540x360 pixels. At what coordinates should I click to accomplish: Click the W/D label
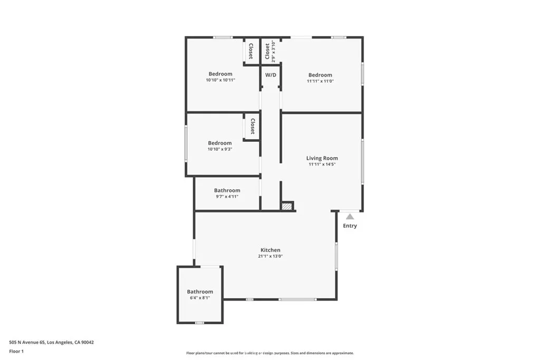pyautogui.click(x=271, y=75)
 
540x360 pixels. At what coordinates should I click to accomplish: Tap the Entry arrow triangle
pyautogui.click(x=350, y=216)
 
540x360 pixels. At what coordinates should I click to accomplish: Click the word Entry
pyautogui.click(x=350, y=226)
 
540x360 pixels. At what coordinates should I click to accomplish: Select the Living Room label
pyautogui.click(x=322, y=158)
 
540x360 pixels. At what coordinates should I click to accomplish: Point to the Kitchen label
pyautogui.click(x=270, y=250)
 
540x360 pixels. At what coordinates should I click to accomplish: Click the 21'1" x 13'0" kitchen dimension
pyautogui.click(x=270, y=257)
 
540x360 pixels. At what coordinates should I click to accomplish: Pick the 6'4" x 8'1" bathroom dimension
pyautogui.click(x=200, y=298)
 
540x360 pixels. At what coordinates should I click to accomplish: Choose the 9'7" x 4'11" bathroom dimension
pyautogui.click(x=227, y=197)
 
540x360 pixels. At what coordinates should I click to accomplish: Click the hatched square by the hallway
pyautogui.click(x=287, y=207)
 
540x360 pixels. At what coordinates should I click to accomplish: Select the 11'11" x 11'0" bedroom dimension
pyautogui.click(x=320, y=81)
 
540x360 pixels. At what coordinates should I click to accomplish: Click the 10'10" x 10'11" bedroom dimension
pyautogui.click(x=220, y=80)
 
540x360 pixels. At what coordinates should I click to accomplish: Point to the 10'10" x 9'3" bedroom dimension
pyautogui.click(x=220, y=149)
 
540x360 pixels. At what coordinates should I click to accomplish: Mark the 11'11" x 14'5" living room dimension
pyautogui.click(x=322, y=164)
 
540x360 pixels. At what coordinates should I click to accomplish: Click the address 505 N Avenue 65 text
pyautogui.click(x=51, y=342)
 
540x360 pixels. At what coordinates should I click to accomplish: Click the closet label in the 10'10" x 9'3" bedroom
pyautogui.click(x=252, y=127)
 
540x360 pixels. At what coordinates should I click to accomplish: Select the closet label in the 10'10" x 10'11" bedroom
pyautogui.click(x=251, y=51)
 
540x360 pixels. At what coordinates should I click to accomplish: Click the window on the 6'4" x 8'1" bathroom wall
pyautogui.click(x=199, y=323)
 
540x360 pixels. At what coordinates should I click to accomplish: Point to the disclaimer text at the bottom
pyautogui.click(x=269, y=353)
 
